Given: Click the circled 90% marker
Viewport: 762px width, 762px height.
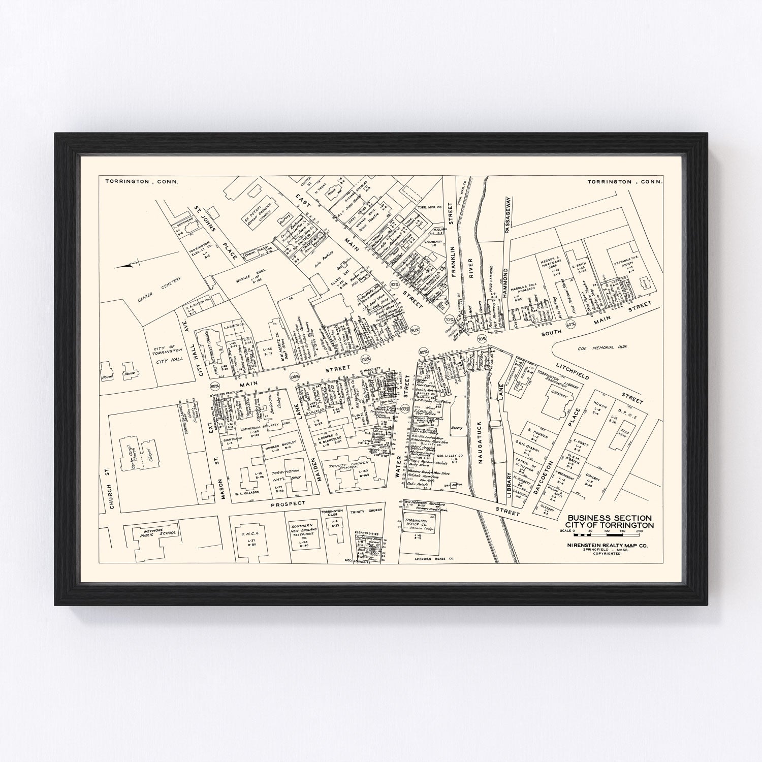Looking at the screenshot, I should click(x=416, y=330).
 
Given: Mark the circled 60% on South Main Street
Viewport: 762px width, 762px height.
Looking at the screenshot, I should click(x=570, y=324).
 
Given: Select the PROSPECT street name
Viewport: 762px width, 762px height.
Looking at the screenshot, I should click(x=288, y=503).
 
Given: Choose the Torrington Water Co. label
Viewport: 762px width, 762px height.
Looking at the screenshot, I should click(x=416, y=523).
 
